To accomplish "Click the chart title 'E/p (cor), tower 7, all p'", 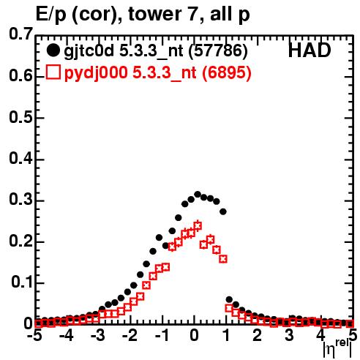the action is pyautogui.click(x=143, y=15).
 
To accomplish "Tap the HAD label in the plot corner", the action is pyautogui.click(x=310, y=50).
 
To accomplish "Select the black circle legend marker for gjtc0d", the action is pyautogui.click(x=53, y=50).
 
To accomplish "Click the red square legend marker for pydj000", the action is pyautogui.click(x=53, y=72).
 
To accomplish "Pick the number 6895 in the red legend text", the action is pyautogui.click(x=225, y=72).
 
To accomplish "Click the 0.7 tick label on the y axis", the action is pyautogui.click(x=20, y=34).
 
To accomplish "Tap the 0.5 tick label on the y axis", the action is pyautogui.click(x=20, y=117).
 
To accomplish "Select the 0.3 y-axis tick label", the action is pyautogui.click(x=20, y=200).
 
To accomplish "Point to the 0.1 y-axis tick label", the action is pyautogui.click(x=22, y=282).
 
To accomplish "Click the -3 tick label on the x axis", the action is pyautogui.click(x=98, y=335).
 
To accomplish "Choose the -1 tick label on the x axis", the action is pyautogui.click(x=162, y=335).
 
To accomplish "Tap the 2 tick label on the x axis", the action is pyautogui.click(x=257, y=335).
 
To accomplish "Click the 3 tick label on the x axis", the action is pyautogui.click(x=289, y=335).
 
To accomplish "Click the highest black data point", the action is pyautogui.click(x=198, y=195).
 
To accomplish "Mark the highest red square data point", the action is pyautogui.click(x=198, y=225).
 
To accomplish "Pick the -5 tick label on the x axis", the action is pyautogui.click(x=34, y=335).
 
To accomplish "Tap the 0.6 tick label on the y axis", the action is pyautogui.click(x=20, y=76).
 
